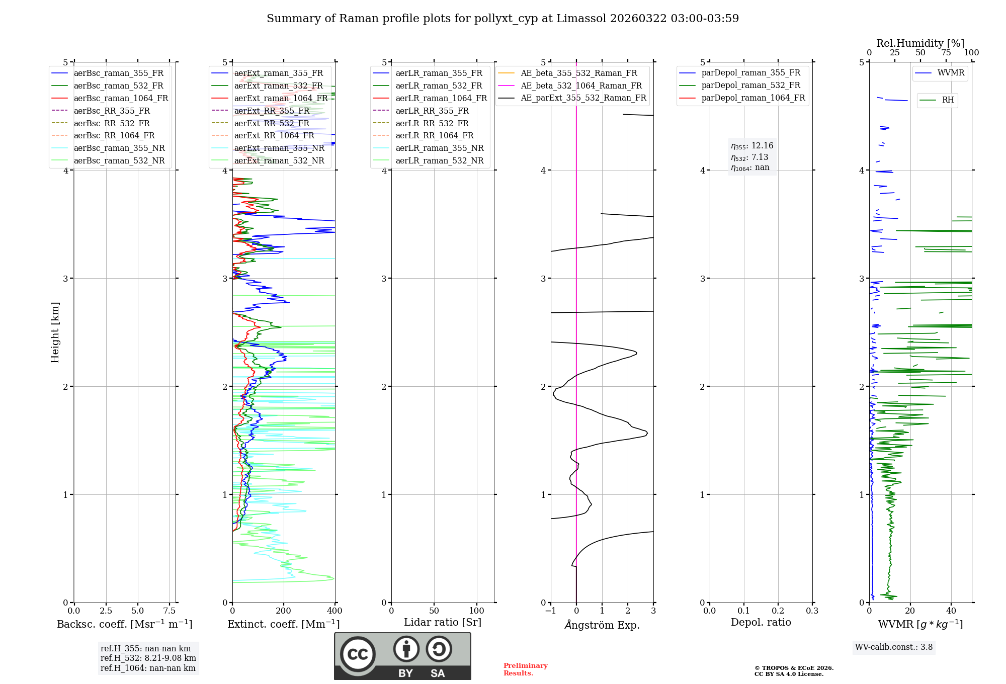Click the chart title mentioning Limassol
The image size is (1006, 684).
[502, 19]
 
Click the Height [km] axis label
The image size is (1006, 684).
[55, 332]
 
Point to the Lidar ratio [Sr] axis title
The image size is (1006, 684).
[443, 623]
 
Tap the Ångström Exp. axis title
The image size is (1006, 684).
[602, 625]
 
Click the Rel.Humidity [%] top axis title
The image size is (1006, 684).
[920, 43]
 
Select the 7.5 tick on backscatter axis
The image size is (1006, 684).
[170, 611]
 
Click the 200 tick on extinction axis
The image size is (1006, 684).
[284, 611]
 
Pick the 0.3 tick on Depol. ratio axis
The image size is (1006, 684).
[812, 611]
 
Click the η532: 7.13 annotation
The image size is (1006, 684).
[749, 157]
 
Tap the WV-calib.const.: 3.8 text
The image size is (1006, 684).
[893, 647]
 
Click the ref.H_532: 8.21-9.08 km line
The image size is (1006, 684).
[148, 658]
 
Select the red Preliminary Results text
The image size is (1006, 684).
[525, 669]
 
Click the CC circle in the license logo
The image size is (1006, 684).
[358, 654]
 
